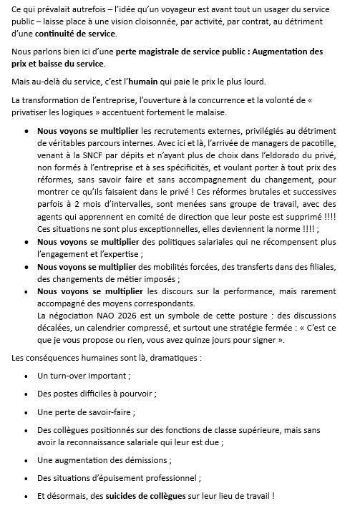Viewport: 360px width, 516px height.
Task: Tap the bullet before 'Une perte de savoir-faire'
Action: click(x=27, y=412)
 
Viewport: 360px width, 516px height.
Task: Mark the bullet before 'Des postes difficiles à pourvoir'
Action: click(x=27, y=394)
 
